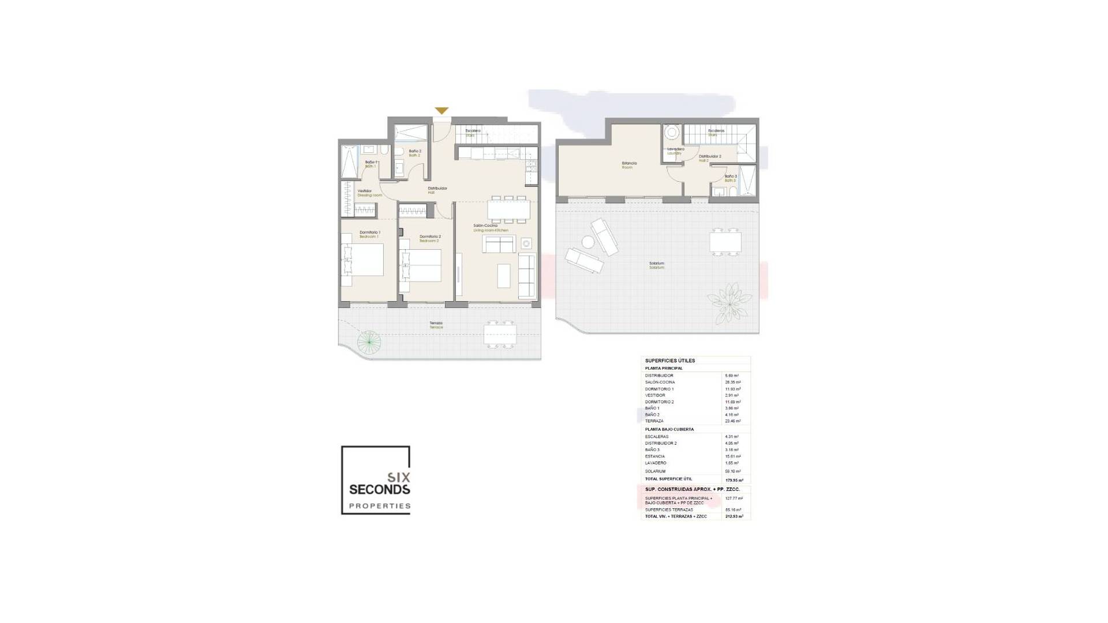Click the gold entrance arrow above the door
(441, 111)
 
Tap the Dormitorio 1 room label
(369, 234)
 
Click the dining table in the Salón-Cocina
(508, 209)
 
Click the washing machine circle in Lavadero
(671, 133)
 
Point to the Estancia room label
(628, 164)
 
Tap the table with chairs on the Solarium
(725, 241)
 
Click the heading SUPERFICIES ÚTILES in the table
(669, 361)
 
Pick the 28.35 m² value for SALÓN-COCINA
(732, 382)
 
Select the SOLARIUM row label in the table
(655, 471)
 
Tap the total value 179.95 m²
(734, 480)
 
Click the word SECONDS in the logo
(380, 490)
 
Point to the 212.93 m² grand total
(734, 516)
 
